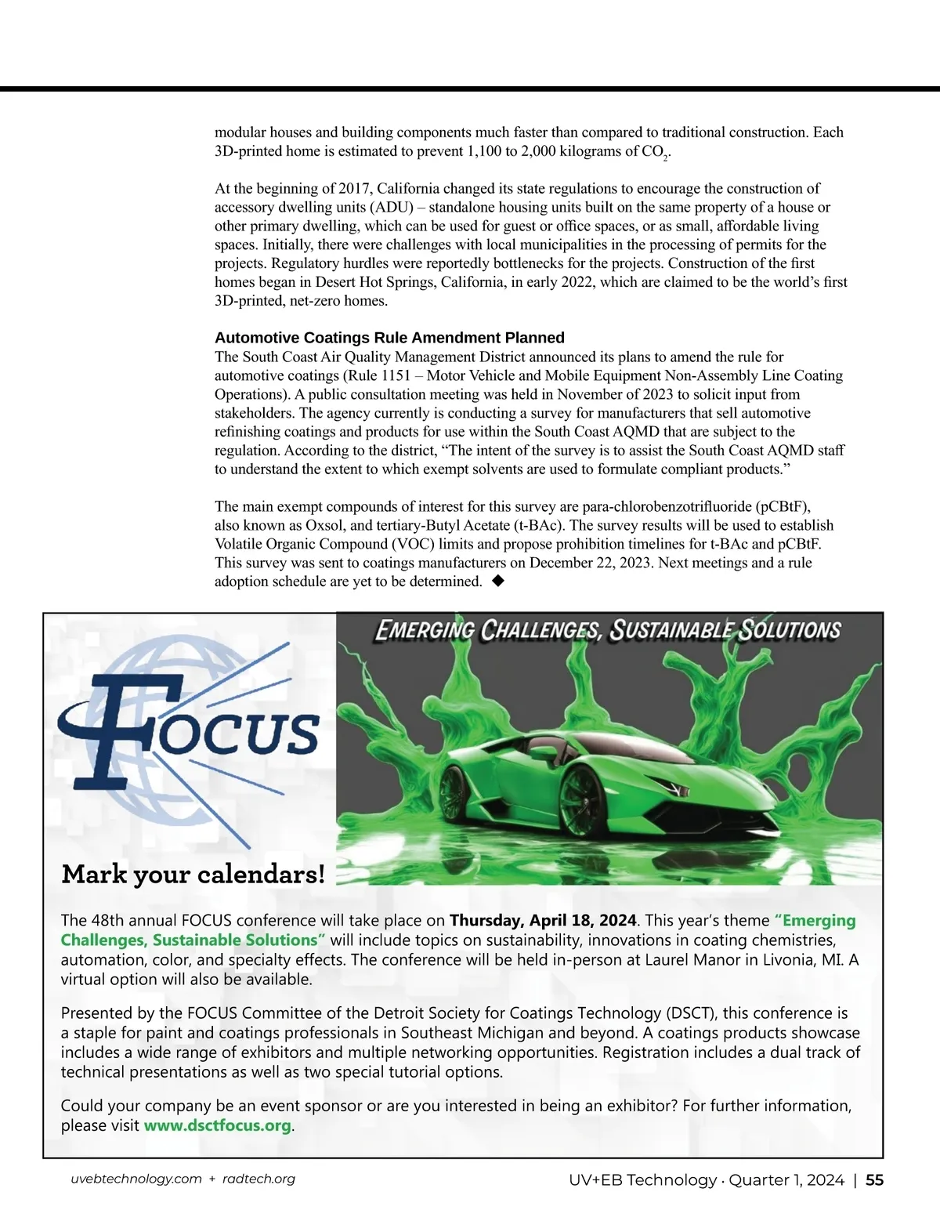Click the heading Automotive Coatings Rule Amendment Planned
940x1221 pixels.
point(389,338)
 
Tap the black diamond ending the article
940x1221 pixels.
point(497,581)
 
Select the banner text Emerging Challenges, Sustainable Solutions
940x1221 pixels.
point(608,630)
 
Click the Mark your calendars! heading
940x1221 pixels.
point(193,874)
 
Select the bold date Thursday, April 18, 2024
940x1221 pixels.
point(543,920)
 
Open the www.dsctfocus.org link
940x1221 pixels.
point(217,1125)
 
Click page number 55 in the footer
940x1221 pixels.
point(874,1180)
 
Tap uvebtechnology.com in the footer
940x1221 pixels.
point(136,1179)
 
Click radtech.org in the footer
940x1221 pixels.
point(258,1179)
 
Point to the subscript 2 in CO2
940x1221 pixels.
point(665,158)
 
